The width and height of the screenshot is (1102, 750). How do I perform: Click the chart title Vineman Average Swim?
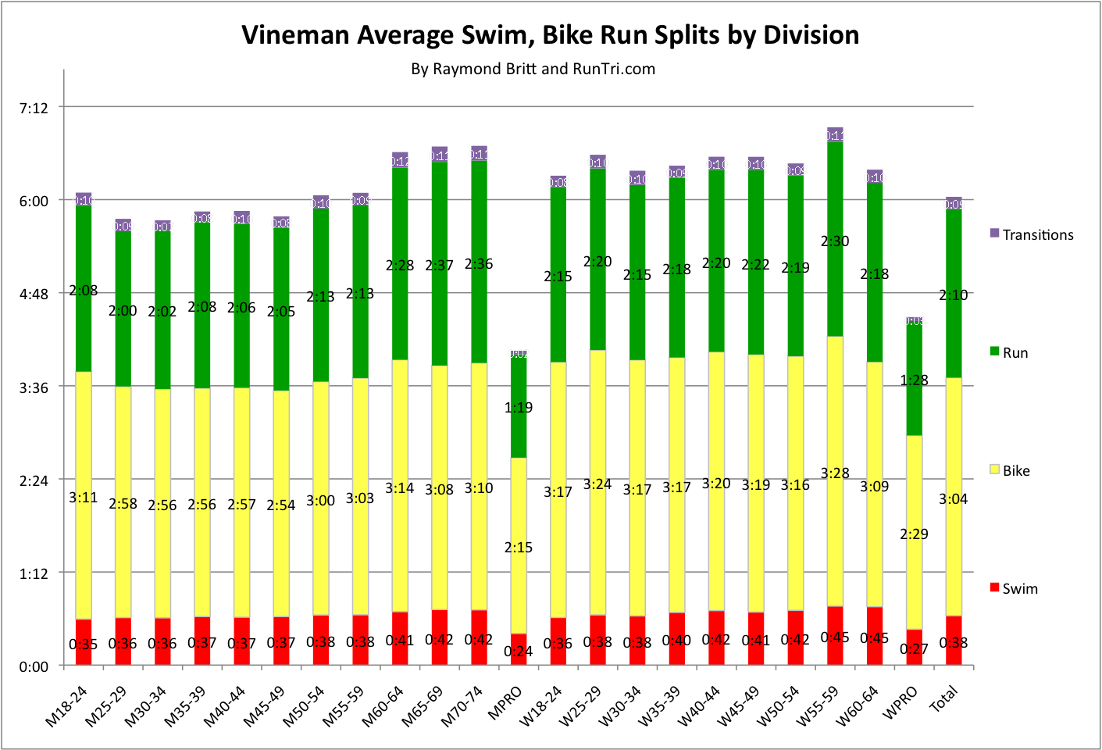click(x=550, y=35)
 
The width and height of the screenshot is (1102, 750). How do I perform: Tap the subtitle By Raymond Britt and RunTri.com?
click(x=533, y=69)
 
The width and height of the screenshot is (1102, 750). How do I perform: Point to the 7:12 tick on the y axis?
click(x=34, y=108)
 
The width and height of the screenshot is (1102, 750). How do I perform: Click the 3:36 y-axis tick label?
click(x=34, y=387)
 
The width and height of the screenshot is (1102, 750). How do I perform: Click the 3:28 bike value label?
click(x=835, y=473)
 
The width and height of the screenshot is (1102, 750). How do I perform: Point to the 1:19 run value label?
click(x=519, y=408)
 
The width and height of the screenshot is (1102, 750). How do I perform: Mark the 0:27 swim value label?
click(x=914, y=649)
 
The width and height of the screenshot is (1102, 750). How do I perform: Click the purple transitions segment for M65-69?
click(x=440, y=154)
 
